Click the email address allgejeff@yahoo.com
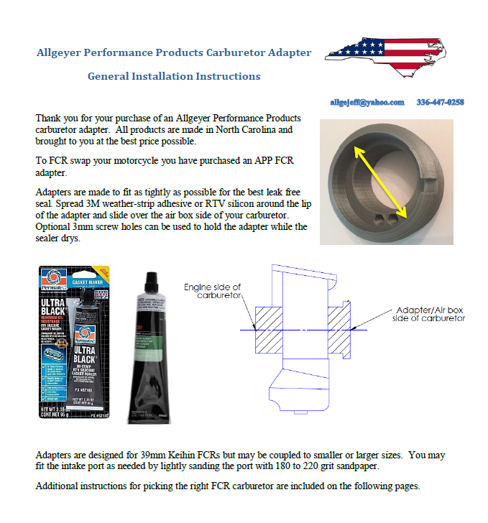[x=367, y=103]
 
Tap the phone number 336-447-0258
[x=440, y=103]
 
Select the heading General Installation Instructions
[x=174, y=76]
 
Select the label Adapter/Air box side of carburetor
[x=428, y=314]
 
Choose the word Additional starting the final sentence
[x=59, y=486]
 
